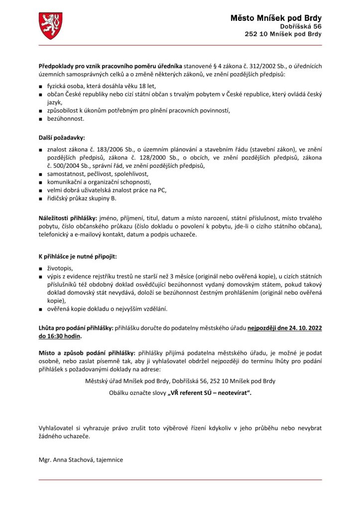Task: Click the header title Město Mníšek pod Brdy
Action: (276, 18)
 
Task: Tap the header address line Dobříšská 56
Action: (300, 26)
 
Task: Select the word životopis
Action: (61, 267)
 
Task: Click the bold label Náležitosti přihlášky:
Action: (68, 218)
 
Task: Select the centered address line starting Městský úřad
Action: (180, 381)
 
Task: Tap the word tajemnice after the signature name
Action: (108, 460)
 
